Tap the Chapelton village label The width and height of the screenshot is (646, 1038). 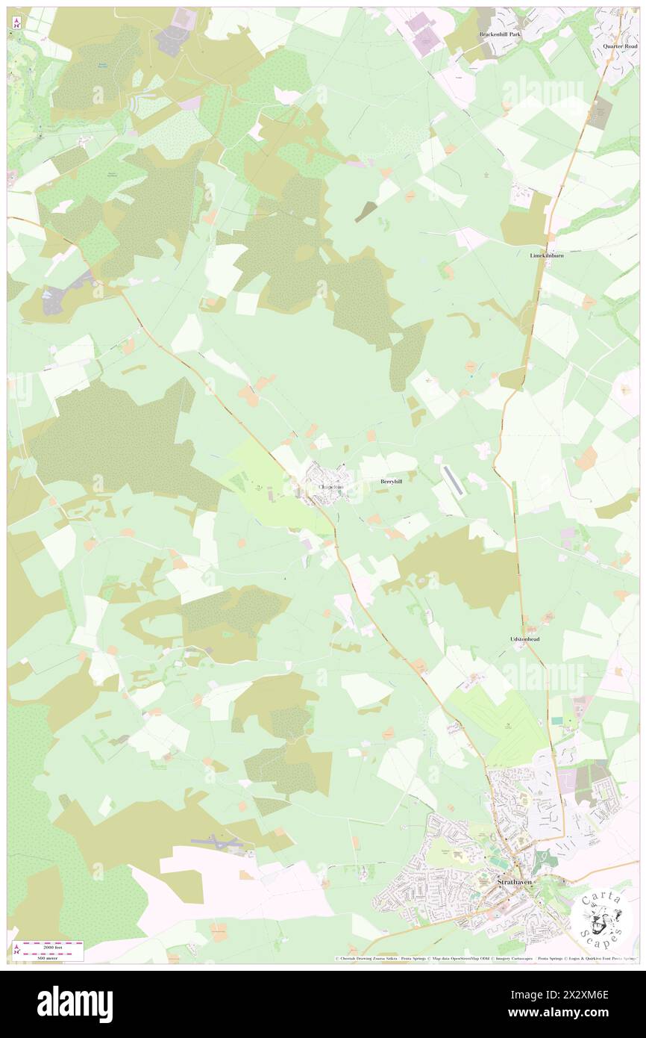pyautogui.click(x=330, y=487)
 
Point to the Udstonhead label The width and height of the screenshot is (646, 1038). pyautogui.click(x=524, y=640)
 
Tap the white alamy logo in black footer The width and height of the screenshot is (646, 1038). pyautogui.click(x=75, y=1004)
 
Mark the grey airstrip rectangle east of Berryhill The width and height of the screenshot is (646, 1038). pyautogui.click(x=453, y=482)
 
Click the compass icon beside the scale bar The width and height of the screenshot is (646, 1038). pyautogui.click(x=16, y=948)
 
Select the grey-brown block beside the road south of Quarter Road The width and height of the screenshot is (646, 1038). pyautogui.click(x=600, y=114)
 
